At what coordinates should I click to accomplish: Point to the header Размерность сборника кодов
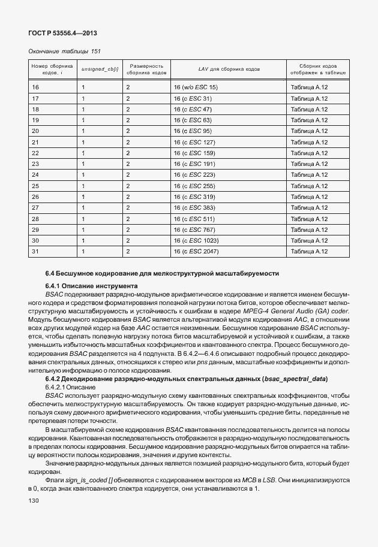pos(146,69)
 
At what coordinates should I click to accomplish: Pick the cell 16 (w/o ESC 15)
pos(195,87)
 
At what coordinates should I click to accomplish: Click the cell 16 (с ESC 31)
pos(193,98)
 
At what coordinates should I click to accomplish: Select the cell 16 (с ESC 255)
pos(194,186)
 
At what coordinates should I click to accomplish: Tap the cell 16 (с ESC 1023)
pos(195,240)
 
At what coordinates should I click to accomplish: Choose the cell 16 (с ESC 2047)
pos(196,251)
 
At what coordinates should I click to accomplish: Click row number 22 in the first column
pos(35,153)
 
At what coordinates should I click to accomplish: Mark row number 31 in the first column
pos(35,251)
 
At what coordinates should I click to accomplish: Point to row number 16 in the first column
pos(35,87)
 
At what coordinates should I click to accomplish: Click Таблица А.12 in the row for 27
pos(309,207)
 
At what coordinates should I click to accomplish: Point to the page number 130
pos(34,500)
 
